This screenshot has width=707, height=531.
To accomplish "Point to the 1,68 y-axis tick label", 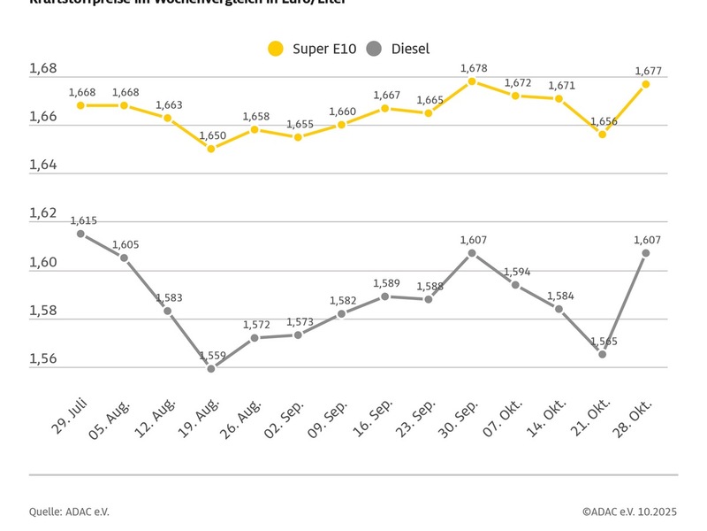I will click(x=42, y=69).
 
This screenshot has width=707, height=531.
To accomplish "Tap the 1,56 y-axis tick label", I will click(x=42, y=359).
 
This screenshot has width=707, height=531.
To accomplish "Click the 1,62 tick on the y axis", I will click(x=42, y=214).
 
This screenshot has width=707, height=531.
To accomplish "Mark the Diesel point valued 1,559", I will click(x=211, y=368).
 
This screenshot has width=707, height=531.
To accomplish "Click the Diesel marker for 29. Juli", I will click(x=80, y=234).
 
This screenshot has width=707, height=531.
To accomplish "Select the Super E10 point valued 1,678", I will click(x=472, y=81).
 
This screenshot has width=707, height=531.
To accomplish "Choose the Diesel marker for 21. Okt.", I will click(x=602, y=354).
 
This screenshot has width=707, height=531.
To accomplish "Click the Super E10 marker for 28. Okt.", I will click(x=646, y=84).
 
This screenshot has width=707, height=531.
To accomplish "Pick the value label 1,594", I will click(x=517, y=272).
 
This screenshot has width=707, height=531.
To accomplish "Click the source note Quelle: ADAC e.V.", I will click(x=70, y=512).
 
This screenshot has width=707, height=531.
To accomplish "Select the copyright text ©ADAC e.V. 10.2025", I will click(x=629, y=512).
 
